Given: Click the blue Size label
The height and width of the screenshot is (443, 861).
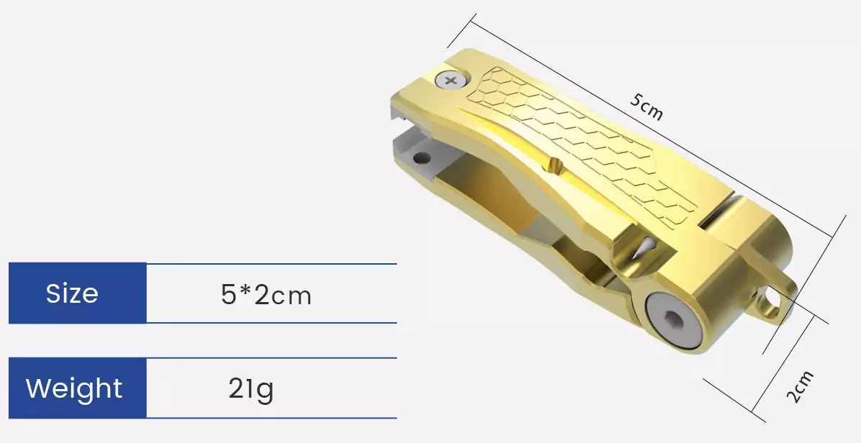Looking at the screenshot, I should pos(73,293).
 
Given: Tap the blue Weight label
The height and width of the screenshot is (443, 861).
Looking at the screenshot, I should pos(74,388).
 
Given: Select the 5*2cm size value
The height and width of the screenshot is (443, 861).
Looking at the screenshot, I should pos(266,295).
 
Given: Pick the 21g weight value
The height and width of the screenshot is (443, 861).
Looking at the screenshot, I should pos(251,389).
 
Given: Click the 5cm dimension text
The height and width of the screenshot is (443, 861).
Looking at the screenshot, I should pos(646,107).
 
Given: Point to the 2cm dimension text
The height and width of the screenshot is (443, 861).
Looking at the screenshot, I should pos(800,386).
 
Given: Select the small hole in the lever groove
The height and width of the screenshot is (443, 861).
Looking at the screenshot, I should pos(556,165).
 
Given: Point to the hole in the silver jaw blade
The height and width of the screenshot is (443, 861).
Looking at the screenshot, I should pos(421,156).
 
